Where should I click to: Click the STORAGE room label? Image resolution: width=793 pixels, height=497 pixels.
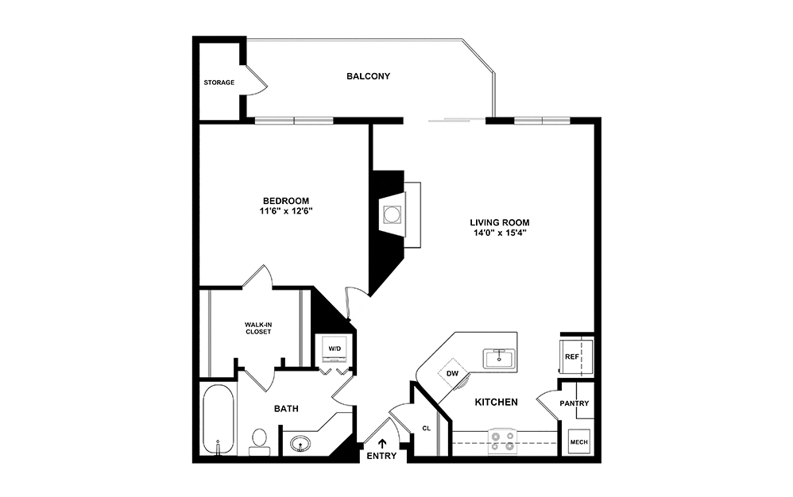219,83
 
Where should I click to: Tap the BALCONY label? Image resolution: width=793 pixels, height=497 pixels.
368,76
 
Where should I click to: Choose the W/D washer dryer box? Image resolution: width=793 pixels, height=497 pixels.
335,349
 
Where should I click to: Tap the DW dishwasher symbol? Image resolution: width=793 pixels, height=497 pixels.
453,373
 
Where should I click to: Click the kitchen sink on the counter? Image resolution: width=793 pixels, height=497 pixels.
498,358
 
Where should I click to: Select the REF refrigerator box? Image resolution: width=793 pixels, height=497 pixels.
572,356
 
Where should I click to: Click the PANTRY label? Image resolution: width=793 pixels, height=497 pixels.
574,403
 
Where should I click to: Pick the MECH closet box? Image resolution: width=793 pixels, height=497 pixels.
577,442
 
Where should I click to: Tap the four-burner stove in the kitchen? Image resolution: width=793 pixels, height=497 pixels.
503,441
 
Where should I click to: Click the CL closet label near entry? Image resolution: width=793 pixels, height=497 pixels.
426,428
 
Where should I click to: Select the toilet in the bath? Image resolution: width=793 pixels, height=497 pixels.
259,441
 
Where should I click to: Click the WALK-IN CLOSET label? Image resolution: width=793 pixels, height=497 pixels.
257,327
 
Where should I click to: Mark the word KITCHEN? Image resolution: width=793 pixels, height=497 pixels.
497,403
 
